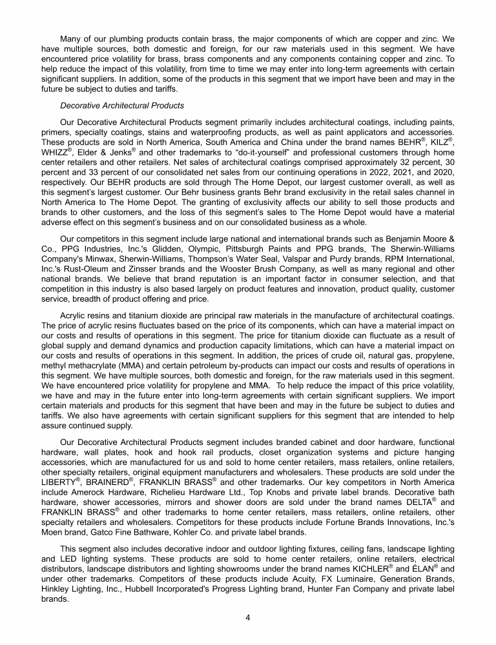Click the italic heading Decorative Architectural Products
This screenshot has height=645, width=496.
pos(122,105)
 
